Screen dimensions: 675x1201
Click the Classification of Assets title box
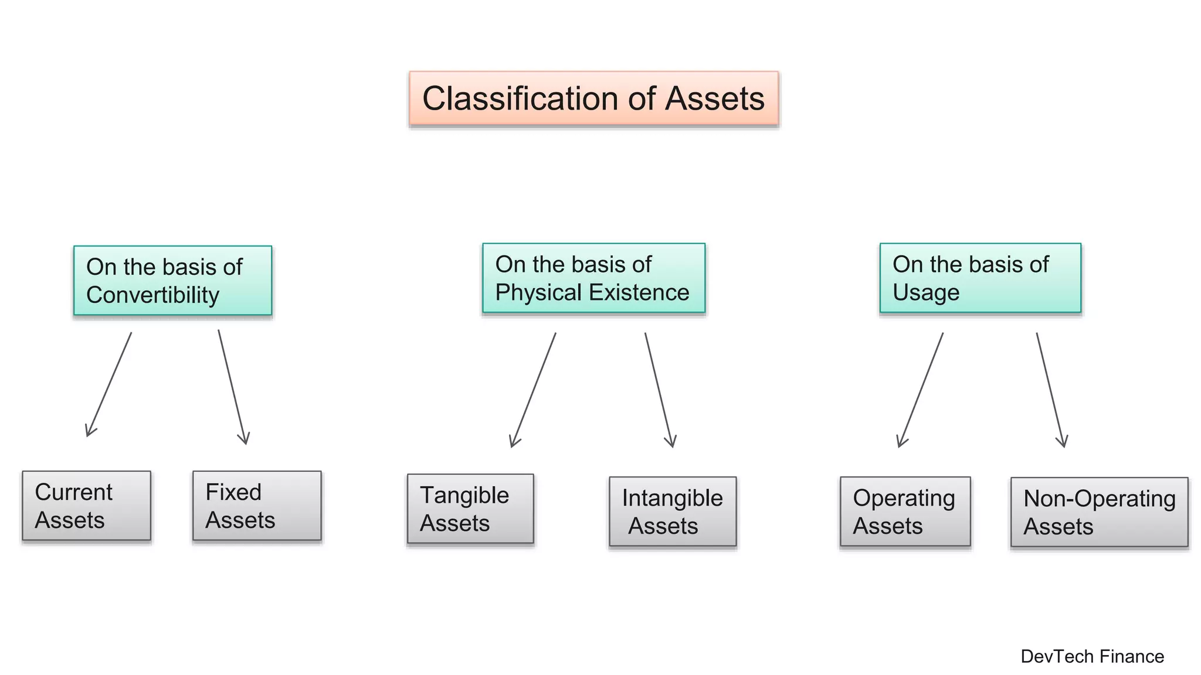593,98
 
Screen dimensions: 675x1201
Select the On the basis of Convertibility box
172,281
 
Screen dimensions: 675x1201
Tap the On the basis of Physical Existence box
593,278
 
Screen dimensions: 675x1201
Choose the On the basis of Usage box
980,278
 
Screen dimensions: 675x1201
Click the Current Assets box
86,506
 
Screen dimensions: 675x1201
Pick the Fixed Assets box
257,506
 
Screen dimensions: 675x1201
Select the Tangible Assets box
470,509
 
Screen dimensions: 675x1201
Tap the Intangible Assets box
673,512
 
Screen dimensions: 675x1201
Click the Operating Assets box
905,512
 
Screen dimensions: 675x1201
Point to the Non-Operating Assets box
1099,512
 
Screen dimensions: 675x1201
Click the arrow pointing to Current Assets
109,384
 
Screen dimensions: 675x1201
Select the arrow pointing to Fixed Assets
232,387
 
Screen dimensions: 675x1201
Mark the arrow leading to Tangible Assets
533,390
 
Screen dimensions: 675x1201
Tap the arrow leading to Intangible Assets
659,390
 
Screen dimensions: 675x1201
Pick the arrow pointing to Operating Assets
921,390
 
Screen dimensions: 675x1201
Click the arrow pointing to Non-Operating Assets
1051,390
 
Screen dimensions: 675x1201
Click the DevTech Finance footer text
1092,656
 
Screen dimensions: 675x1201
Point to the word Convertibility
152,295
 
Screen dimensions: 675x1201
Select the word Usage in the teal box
926,292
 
